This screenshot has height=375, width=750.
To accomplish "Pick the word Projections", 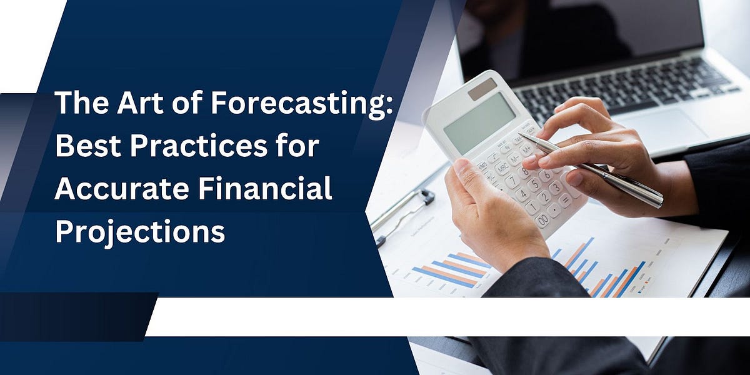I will (140, 231).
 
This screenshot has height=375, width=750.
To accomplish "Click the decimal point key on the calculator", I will (555, 210).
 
